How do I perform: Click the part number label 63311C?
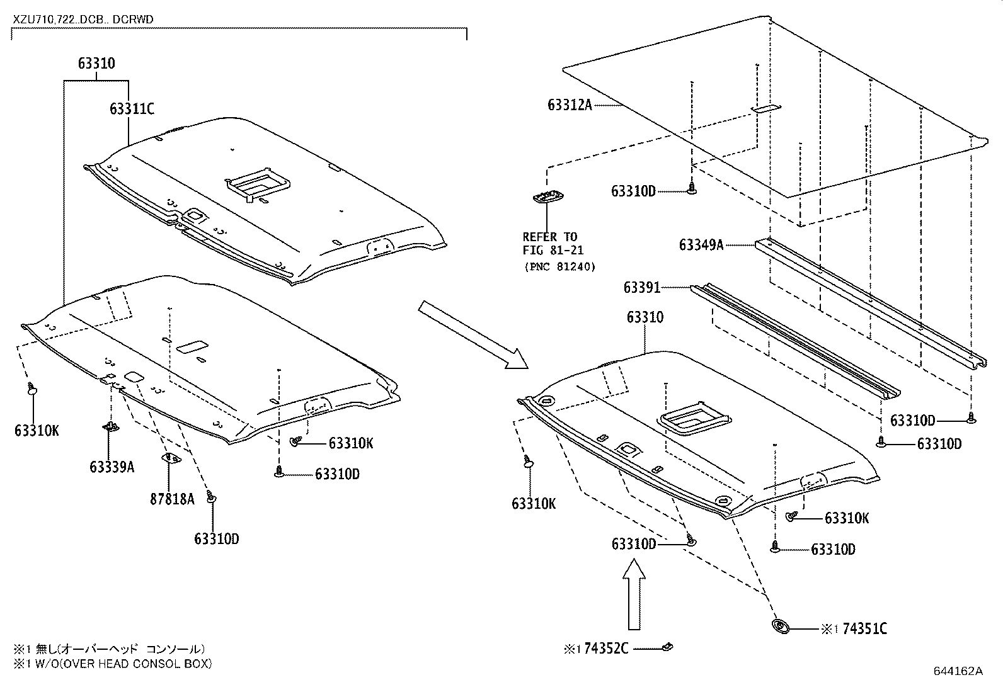(x=131, y=109)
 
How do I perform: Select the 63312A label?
(x=570, y=105)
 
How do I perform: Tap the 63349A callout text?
(x=701, y=245)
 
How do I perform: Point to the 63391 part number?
(x=641, y=288)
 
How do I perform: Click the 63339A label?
(x=112, y=467)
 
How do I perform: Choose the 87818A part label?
(x=172, y=499)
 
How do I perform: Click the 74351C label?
(x=864, y=629)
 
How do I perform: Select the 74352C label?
(x=606, y=649)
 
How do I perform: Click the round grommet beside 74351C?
(x=781, y=627)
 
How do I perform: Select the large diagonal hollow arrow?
(x=473, y=334)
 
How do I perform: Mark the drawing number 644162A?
(x=958, y=671)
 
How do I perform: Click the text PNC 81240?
(x=559, y=266)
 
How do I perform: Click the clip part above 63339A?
(x=110, y=428)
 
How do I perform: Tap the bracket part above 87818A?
(x=169, y=458)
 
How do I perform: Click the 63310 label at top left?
(x=96, y=64)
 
